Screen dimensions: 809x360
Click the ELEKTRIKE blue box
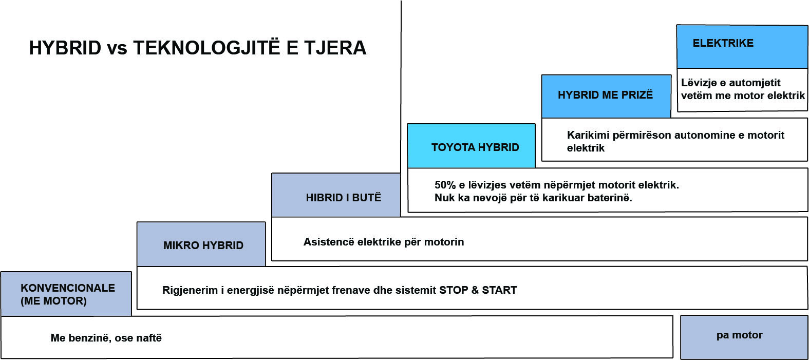742,47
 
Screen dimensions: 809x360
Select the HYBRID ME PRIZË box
607,96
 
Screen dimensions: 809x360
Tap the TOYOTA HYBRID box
472,146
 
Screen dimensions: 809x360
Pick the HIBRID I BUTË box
336,195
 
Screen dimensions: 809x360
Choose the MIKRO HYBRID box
201,244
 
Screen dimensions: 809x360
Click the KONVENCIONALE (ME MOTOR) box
66,294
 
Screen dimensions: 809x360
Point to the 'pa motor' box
744,337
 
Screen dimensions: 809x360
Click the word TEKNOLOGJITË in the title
206,48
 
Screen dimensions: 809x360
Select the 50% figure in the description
445,185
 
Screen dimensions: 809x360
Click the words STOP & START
478,290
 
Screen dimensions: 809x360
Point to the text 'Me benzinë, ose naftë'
106,338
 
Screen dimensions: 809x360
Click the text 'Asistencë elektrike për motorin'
384,242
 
